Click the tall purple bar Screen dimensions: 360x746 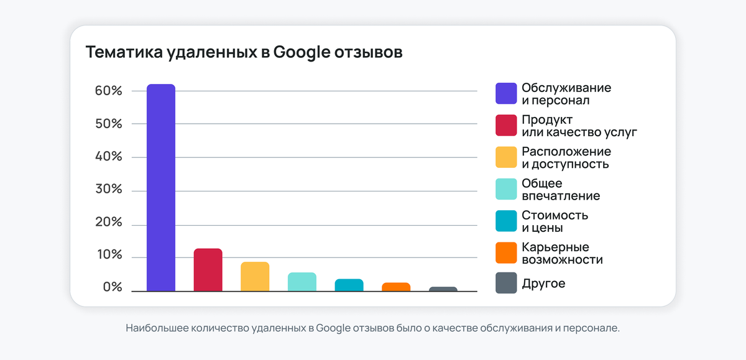[161, 187]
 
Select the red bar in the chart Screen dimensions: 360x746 [208, 270]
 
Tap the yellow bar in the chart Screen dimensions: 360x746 [255, 277]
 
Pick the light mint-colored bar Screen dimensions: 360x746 [302, 282]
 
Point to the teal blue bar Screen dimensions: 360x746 [349, 285]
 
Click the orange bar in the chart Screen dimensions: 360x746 [396, 287]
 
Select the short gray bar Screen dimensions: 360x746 [443, 288]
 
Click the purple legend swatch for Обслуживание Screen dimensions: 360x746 [506, 94]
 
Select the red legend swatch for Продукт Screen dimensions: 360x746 [506, 126]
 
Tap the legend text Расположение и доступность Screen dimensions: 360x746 [566, 158]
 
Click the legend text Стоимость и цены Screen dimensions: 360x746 [555, 221]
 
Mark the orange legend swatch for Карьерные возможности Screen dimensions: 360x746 [506, 253]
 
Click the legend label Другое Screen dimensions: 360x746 [543, 284]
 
